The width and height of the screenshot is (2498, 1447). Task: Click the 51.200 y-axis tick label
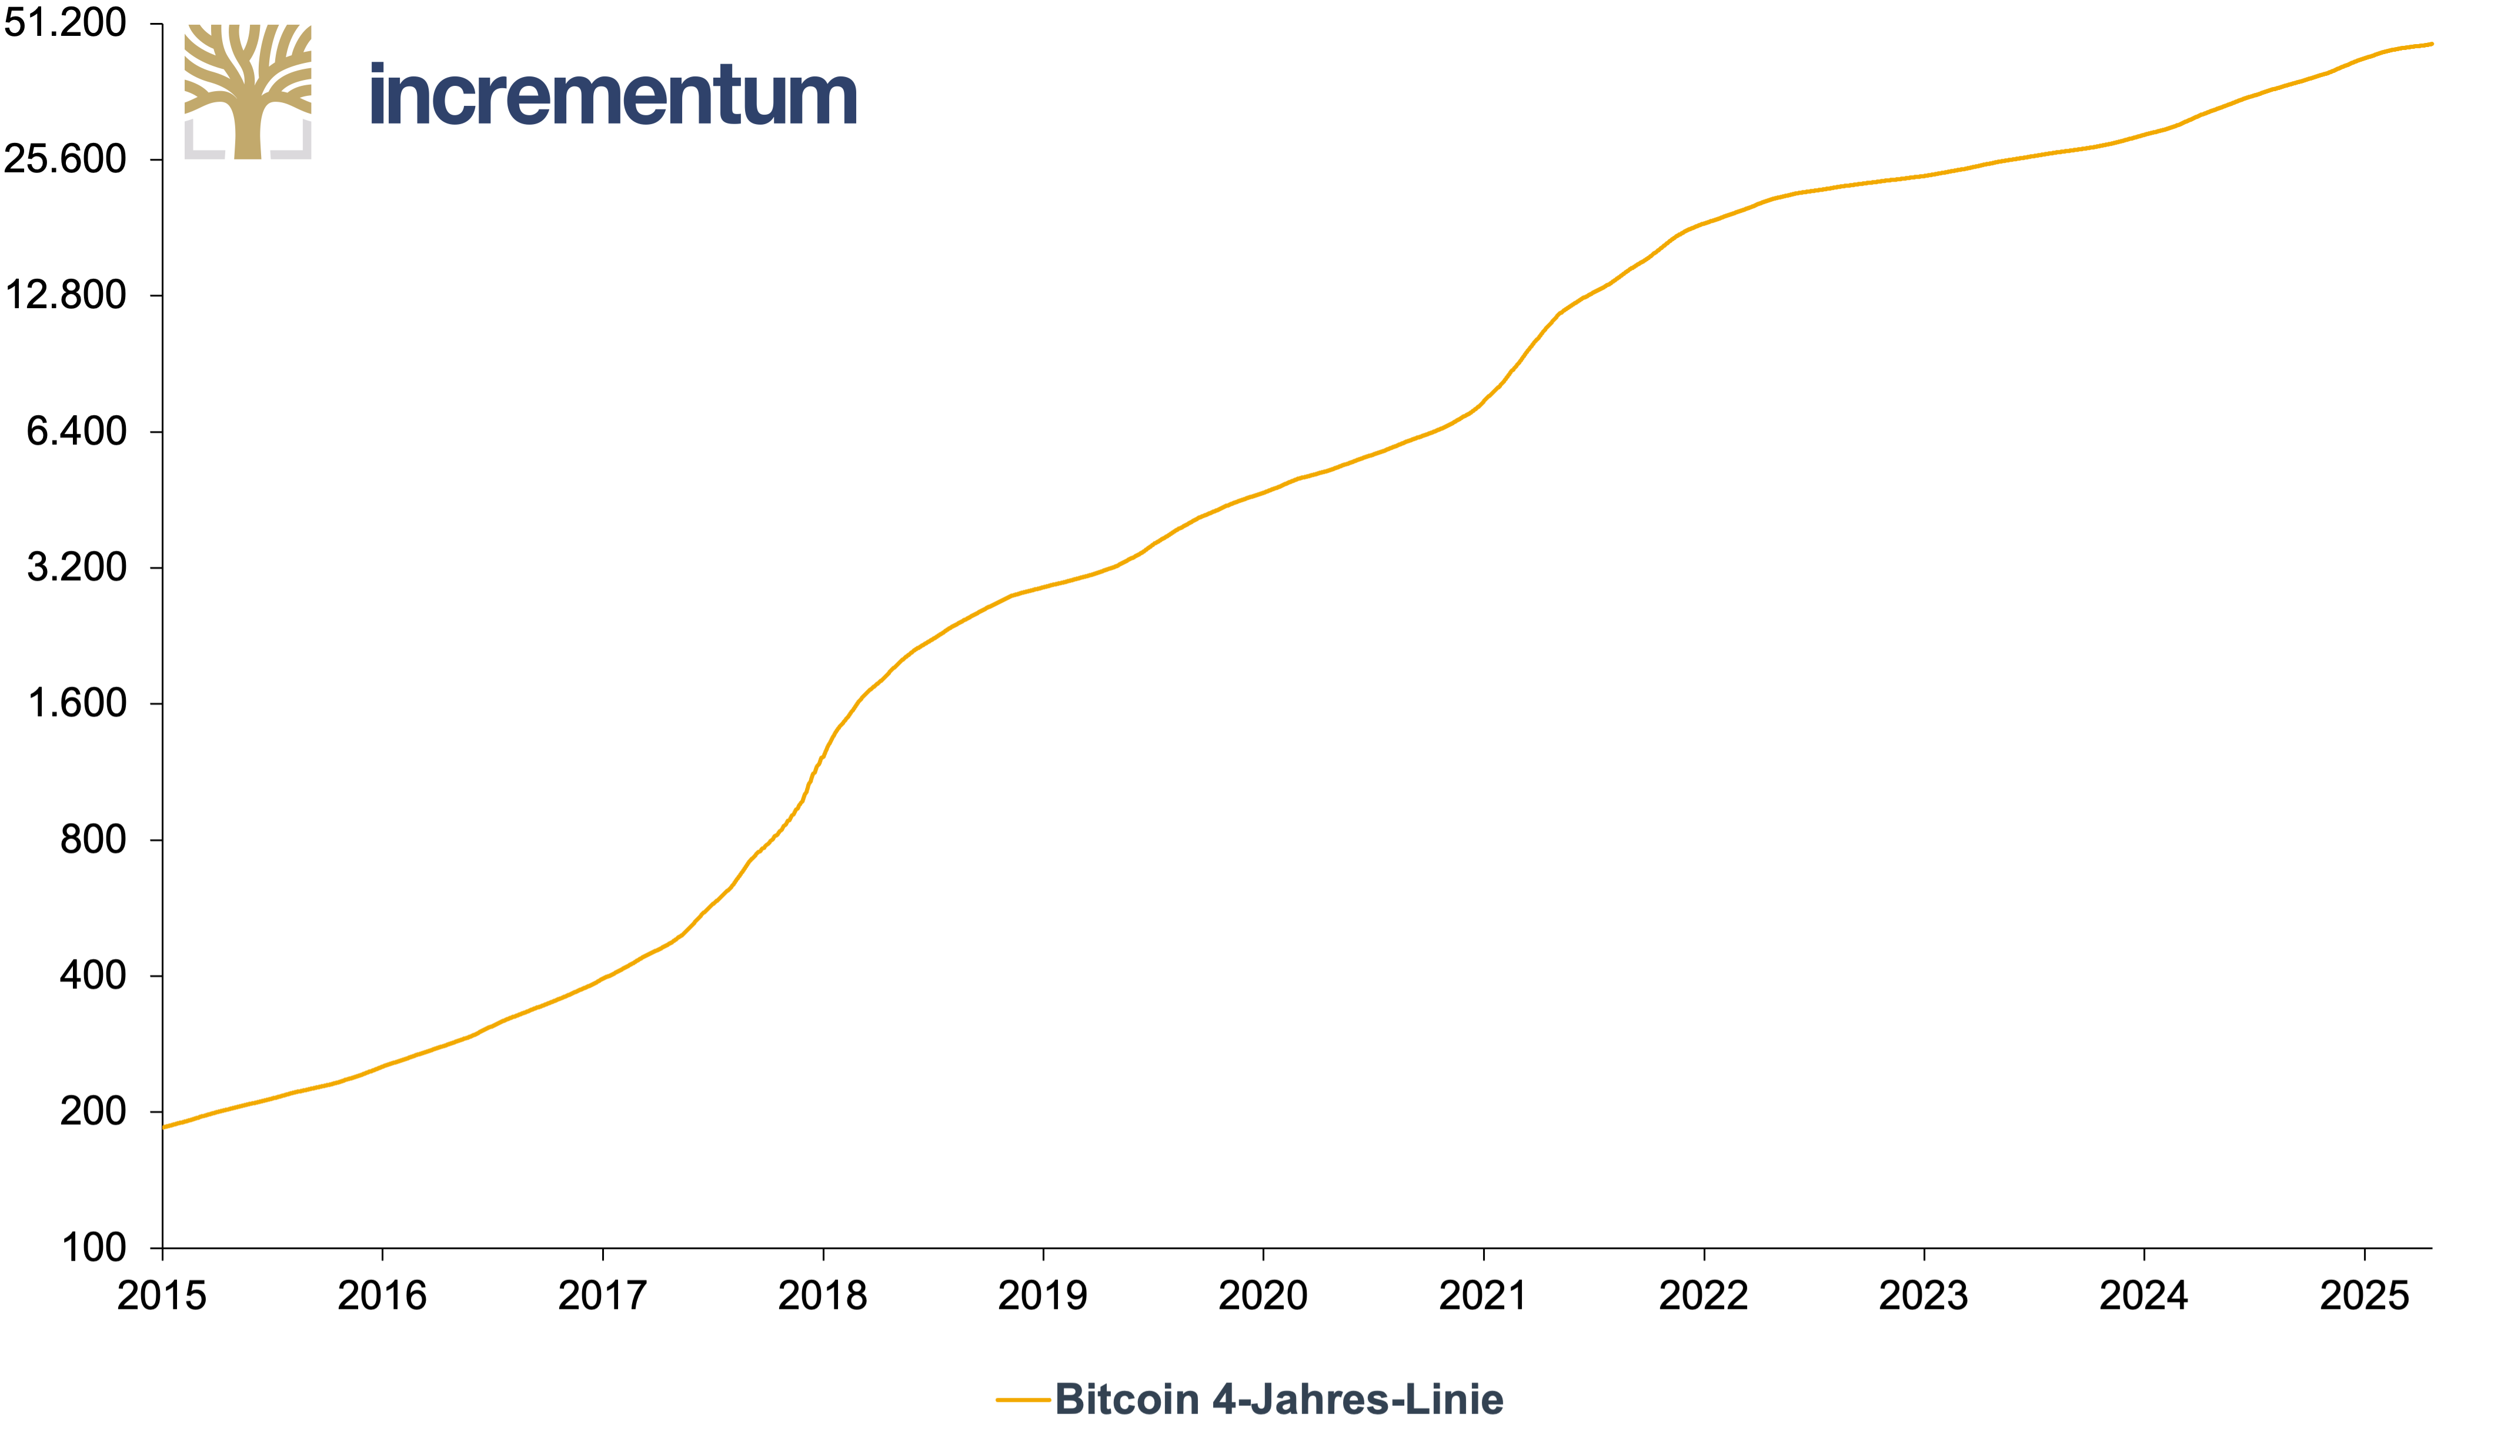(65, 23)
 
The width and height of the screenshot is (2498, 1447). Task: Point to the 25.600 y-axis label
(65, 159)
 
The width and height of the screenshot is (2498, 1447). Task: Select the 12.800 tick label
(65, 295)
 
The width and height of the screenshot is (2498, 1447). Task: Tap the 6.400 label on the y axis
(76, 431)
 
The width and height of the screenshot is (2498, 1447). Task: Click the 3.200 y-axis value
(76, 567)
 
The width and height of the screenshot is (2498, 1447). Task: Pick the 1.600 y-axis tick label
(76, 703)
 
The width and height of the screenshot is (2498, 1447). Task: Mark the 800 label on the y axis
(93, 840)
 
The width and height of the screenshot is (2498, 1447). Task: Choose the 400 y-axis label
(93, 975)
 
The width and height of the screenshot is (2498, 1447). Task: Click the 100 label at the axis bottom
(93, 1248)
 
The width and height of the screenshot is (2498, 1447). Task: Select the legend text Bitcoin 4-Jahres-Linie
(1279, 1399)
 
